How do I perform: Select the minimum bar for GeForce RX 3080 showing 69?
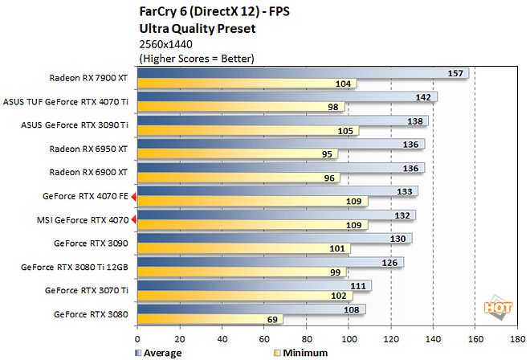(209, 319)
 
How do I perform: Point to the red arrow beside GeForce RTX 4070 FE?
(134, 195)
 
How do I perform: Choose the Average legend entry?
(160, 352)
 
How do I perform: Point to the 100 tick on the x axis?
(349, 340)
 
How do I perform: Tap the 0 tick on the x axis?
(137, 340)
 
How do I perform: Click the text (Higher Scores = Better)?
(196, 59)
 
